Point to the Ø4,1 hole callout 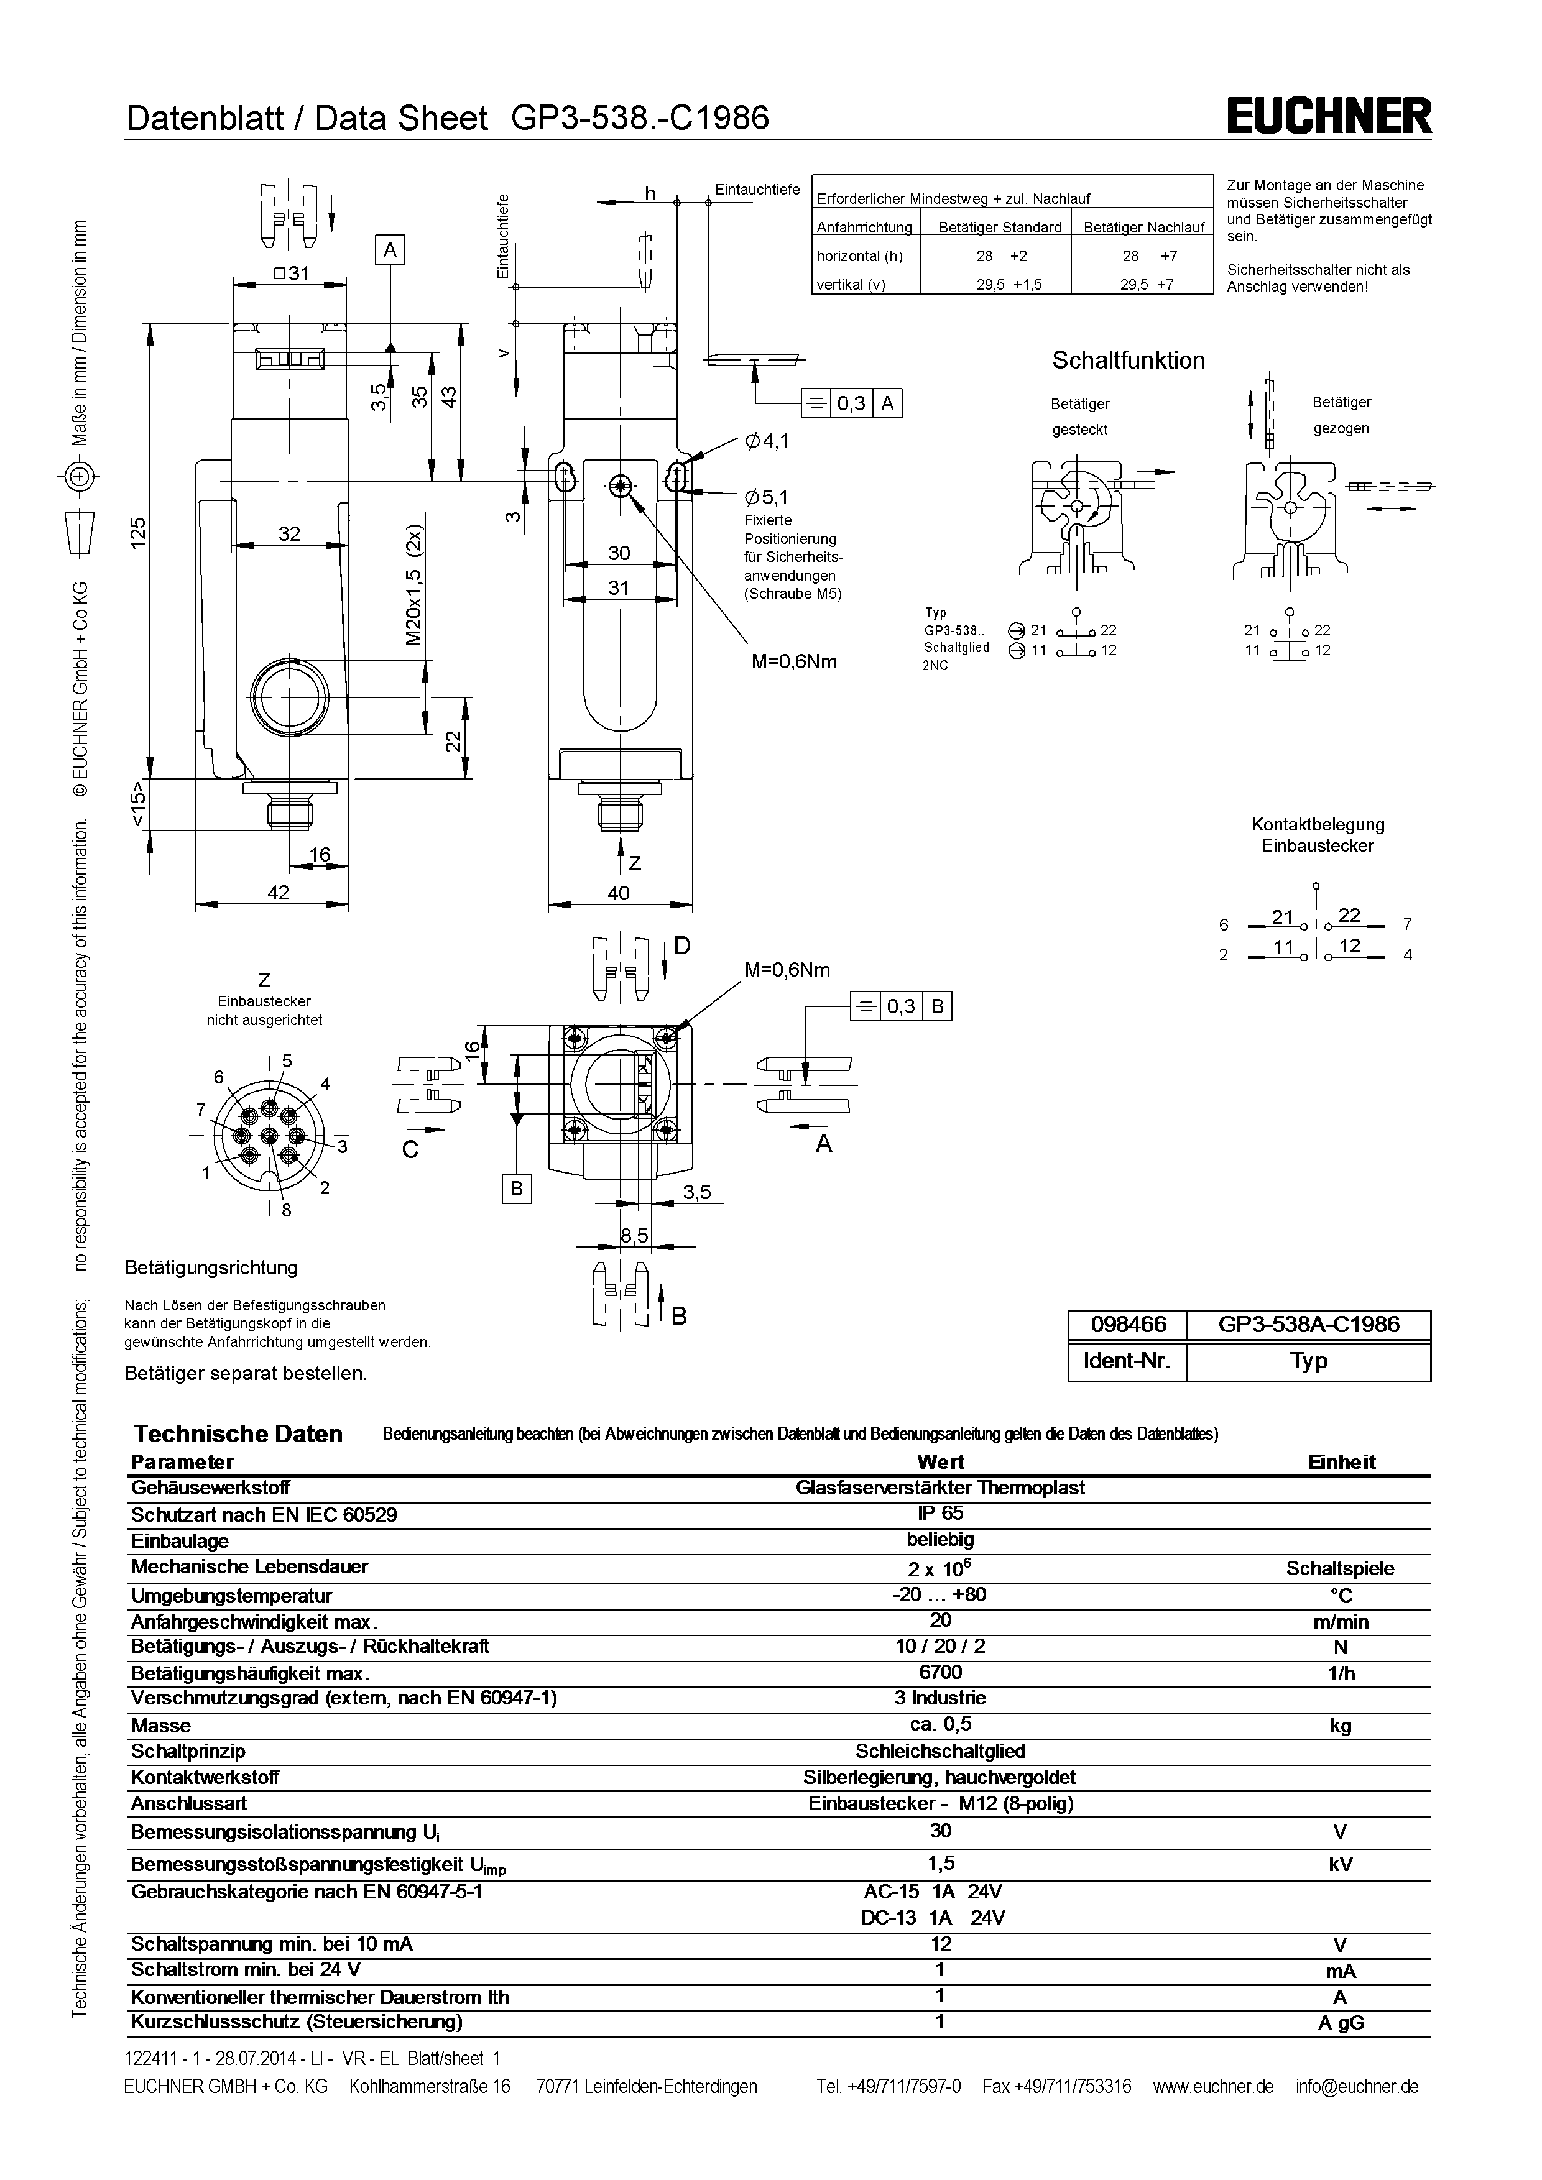click(767, 441)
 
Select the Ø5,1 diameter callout click(767, 497)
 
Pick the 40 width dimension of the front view click(618, 893)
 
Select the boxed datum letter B click(517, 1189)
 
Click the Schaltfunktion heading click(1128, 361)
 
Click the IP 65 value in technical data click(940, 1514)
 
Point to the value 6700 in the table click(940, 1672)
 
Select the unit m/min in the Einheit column click(1340, 1622)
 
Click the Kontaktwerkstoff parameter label click(205, 1777)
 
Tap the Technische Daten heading click(238, 1433)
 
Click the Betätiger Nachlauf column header click(1143, 227)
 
